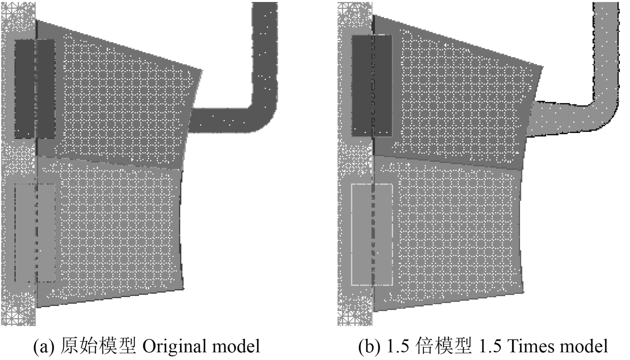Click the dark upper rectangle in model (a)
pyautogui.click(x=35, y=89)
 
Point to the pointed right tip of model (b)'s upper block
pyautogui.click(x=542, y=68)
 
